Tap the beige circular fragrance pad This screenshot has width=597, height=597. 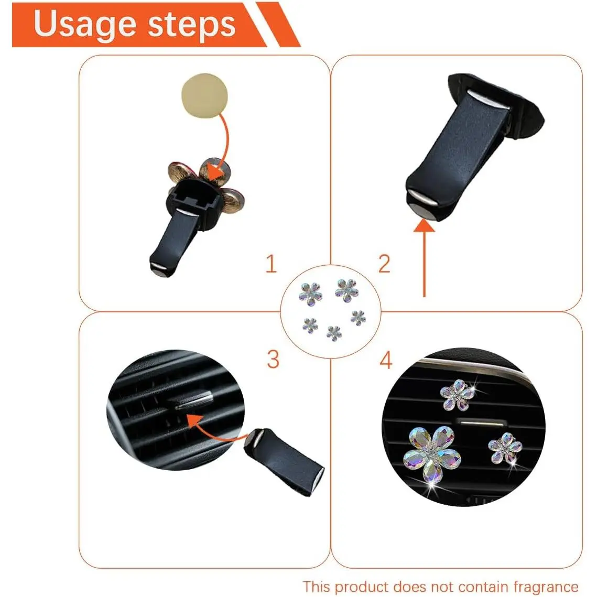point(204,95)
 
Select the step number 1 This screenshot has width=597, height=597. point(270,264)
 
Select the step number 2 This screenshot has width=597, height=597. point(384,264)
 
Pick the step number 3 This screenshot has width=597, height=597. point(273,359)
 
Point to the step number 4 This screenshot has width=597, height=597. point(386,360)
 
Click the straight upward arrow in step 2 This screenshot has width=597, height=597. point(424,258)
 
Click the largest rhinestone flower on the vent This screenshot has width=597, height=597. point(432,453)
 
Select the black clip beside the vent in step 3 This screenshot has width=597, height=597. point(284,461)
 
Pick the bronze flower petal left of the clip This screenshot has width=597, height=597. point(180,173)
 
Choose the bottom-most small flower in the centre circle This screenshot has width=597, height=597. point(334,333)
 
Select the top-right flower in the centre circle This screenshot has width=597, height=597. point(346,290)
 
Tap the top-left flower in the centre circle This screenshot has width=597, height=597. point(311,294)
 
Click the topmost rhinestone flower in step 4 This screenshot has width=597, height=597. point(457,395)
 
